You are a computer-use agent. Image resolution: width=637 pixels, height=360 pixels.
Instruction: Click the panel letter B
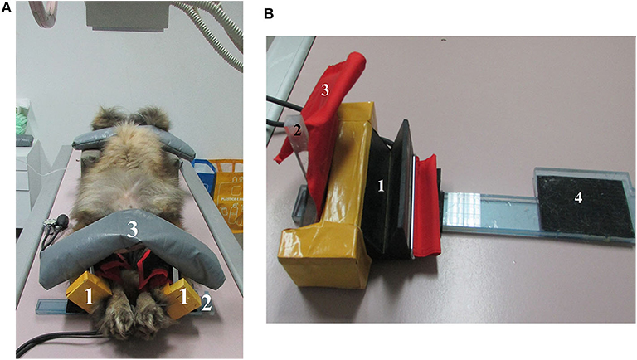pyautogui.click(x=270, y=13)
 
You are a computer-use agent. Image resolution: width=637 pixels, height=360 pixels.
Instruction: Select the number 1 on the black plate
pyautogui.click(x=382, y=187)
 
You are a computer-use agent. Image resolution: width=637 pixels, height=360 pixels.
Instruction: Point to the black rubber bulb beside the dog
pyautogui.click(x=60, y=221)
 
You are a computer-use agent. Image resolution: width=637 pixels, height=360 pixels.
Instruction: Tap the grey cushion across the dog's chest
pyautogui.click(x=133, y=241)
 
